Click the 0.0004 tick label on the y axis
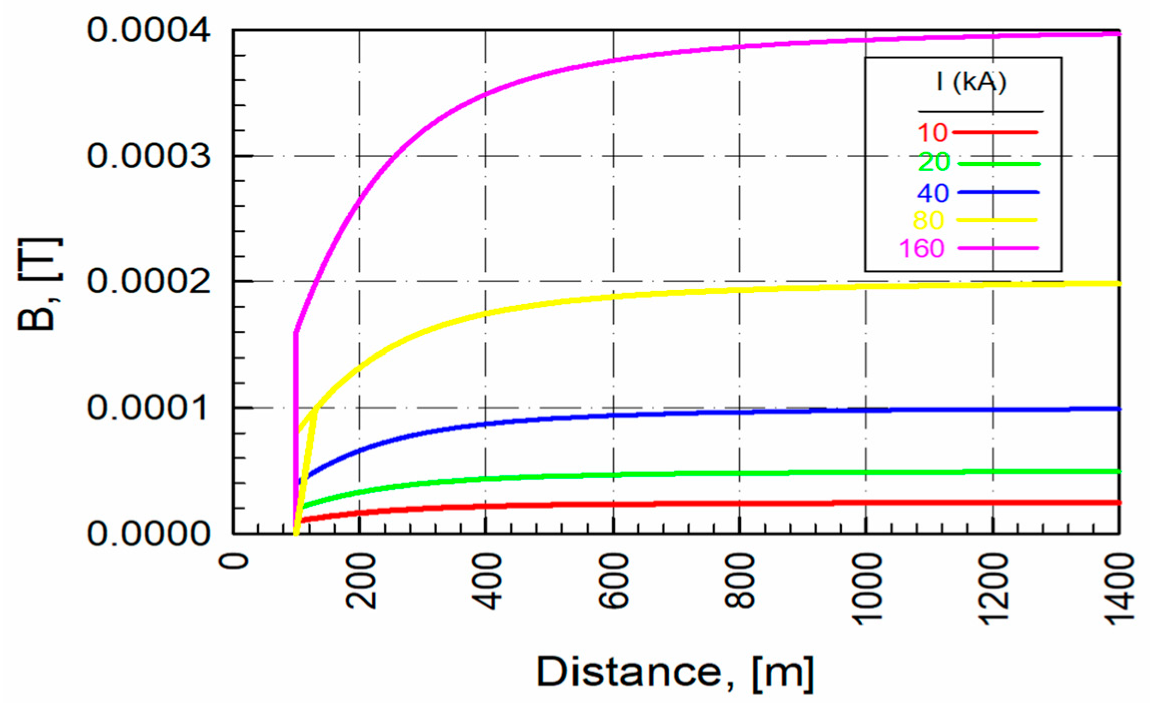pyautogui.click(x=148, y=31)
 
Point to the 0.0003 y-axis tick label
pyautogui.click(x=148, y=156)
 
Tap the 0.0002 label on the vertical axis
pyautogui.click(x=148, y=281)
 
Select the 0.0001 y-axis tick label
pyautogui.click(x=148, y=408)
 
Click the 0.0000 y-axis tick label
pyautogui.click(x=148, y=534)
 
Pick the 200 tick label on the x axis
pyautogui.click(x=361, y=581)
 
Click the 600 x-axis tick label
pyautogui.click(x=614, y=581)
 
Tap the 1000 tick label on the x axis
pyautogui.click(x=867, y=588)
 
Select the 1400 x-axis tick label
pyautogui.click(x=1120, y=588)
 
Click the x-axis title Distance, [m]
pyautogui.click(x=675, y=672)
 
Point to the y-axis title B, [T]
pyautogui.click(x=39, y=284)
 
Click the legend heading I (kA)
pyautogui.click(x=971, y=82)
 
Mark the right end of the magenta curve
pyautogui.click(x=1119, y=34)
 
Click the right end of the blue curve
pyautogui.click(x=1119, y=409)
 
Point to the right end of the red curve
pyautogui.click(x=1119, y=502)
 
